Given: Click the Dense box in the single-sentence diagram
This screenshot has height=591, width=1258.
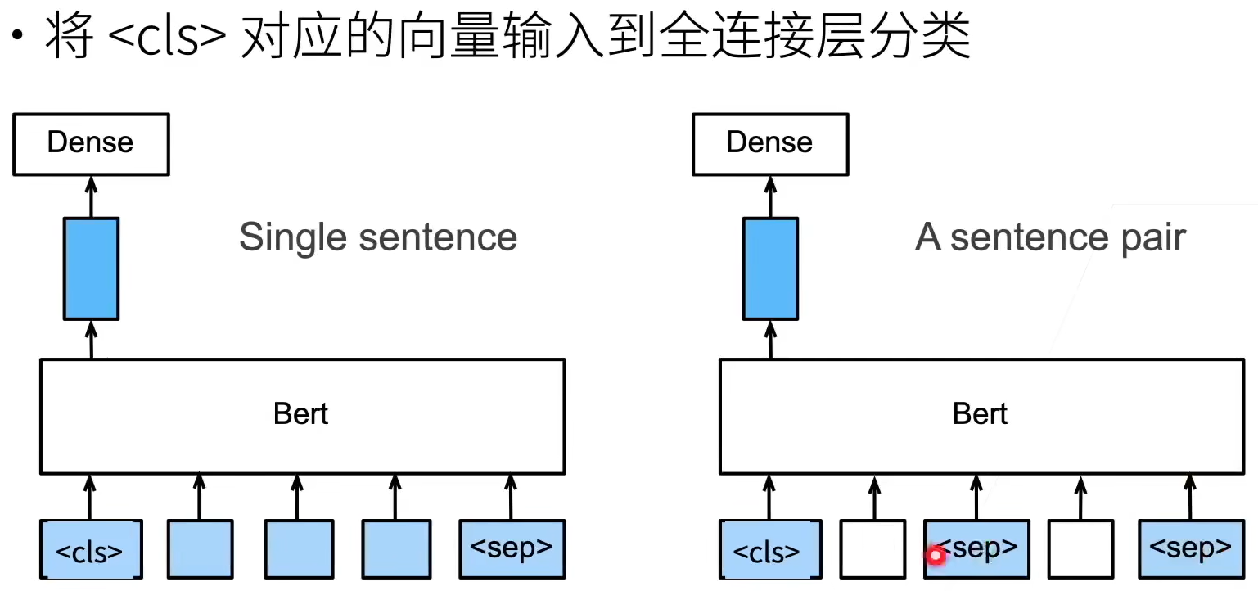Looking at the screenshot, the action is tap(91, 144).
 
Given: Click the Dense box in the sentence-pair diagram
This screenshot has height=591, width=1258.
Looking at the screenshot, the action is tap(770, 144).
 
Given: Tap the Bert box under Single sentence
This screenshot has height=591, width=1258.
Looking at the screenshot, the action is tap(302, 417).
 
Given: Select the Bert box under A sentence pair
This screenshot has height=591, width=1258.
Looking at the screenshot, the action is tap(981, 417).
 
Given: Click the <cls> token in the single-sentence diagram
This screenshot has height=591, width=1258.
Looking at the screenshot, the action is tap(91, 549).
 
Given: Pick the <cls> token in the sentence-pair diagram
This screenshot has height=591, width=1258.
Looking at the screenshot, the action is tap(770, 549).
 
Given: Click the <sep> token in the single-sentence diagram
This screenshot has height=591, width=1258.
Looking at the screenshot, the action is tap(512, 549).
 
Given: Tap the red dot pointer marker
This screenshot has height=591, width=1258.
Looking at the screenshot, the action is tap(936, 556).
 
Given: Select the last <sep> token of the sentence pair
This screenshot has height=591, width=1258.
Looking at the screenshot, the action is tap(1191, 549).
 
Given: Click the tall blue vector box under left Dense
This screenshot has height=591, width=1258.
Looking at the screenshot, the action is tap(91, 268).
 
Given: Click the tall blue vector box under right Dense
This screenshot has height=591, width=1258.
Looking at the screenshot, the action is tap(770, 268).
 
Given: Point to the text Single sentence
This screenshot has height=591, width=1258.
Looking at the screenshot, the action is tap(378, 237).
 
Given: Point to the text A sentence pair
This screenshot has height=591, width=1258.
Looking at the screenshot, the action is tap(1050, 237).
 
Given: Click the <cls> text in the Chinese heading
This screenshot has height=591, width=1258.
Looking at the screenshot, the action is tap(166, 38).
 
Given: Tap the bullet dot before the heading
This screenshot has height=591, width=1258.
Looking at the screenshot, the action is tap(17, 35).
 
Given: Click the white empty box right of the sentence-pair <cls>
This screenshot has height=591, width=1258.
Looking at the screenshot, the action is tap(872, 549).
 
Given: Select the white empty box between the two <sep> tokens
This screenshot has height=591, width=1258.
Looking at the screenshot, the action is tap(1080, 549).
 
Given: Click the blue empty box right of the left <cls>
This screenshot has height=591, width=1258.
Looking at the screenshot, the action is tap(200, 549).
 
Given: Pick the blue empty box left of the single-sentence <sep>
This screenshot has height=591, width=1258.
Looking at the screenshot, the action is tap(396, 549).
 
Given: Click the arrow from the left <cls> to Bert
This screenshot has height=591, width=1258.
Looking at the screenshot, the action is tap(90, 497).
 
